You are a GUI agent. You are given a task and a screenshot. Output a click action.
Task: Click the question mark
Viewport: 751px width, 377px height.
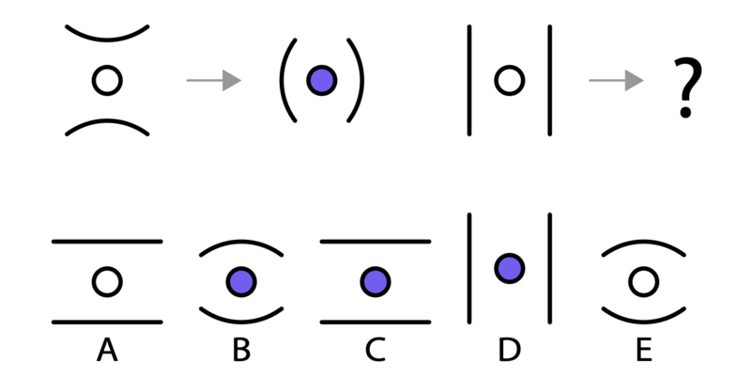coord(687,86)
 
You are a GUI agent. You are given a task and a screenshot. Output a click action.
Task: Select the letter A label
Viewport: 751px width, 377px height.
coord(107,350)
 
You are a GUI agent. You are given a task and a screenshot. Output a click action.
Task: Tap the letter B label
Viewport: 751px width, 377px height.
coord(241,350)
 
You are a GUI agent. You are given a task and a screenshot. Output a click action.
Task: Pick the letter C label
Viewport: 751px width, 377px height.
coord(375,350)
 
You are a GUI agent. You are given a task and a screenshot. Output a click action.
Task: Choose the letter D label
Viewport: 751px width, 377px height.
coord(509,350)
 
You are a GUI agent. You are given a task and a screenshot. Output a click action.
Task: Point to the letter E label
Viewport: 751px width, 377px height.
coord(644,350)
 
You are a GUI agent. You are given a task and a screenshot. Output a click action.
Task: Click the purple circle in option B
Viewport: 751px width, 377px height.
coord(241,282)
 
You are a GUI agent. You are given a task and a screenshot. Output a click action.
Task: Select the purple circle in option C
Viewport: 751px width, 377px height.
coord(375,282)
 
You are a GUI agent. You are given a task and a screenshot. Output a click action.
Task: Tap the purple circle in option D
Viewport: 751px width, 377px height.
coord(510,269)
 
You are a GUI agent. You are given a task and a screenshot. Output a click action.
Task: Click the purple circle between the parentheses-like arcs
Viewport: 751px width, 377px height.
coord(322,81)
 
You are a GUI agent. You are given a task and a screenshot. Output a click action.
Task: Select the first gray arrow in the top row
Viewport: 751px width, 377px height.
coord(214,80)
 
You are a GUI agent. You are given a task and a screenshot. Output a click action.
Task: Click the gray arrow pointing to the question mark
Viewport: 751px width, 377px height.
coord(616,80)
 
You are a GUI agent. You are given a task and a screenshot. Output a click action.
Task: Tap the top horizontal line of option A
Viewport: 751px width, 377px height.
coord(107,242)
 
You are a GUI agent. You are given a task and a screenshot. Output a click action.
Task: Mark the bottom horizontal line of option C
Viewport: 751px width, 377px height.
coord(375,322)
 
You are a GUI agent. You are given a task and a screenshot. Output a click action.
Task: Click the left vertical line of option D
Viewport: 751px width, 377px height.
coord(469,269)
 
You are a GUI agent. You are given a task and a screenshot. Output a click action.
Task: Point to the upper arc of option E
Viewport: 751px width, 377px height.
coord(644,242)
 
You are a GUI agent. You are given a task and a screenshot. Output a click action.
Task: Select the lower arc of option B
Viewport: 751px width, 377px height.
coord(241,322)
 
